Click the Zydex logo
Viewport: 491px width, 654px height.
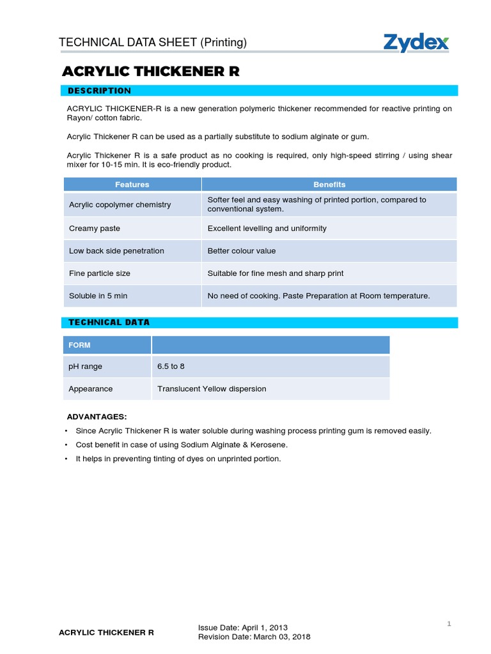coord(416,43)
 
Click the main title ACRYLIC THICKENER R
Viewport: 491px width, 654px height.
coord(151,72)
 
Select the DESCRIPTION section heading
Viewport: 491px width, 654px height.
coord(99,91)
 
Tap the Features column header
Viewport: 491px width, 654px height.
coord(132,185)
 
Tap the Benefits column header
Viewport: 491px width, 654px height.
coord(329,185)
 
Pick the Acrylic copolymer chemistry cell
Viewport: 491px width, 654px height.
coord(120,204)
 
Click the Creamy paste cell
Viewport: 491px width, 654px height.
coord(95,228)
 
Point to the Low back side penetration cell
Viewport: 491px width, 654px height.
coord(116,251)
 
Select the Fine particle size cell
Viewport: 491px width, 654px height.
coord(100,273)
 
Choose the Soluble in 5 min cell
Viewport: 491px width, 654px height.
coord(98,296)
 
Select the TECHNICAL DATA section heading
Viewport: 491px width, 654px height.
coord(109,323)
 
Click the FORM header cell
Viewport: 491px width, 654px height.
coord(80,345)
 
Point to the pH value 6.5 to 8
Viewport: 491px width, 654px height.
coord(171,367)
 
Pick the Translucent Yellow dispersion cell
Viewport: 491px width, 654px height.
coord(212,389)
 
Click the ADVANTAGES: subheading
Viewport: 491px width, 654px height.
coord(97,416)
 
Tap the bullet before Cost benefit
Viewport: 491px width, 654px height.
coord(66,445)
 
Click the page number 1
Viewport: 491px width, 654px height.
coord(449,624)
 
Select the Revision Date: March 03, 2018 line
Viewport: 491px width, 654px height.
coord(254,637)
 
